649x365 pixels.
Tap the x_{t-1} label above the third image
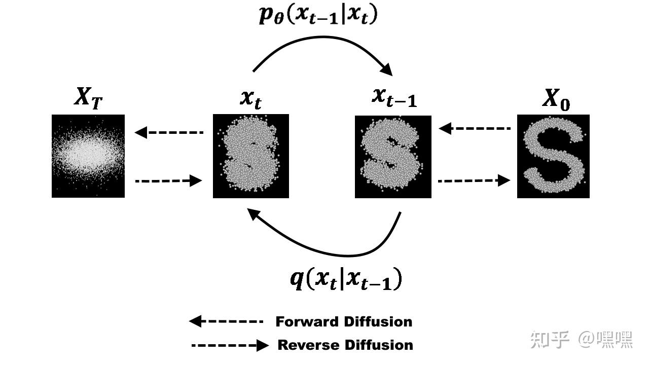(394, 97)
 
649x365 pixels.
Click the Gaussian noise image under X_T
(88, 156)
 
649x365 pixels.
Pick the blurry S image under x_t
(250, 156)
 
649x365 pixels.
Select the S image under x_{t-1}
(393, 156)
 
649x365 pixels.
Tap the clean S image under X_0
(553, 156)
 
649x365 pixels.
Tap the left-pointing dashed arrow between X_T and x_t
(169, 133)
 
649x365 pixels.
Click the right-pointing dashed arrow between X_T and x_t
(169, 180)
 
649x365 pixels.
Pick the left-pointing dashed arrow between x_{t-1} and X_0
(474, 129)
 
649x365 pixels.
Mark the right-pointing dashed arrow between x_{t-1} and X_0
(474, 180)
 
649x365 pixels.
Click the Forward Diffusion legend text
(344, 321)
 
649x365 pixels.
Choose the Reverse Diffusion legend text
(345, 345)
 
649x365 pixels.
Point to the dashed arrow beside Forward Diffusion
(226, 321)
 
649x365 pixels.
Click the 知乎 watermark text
(551, 339)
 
